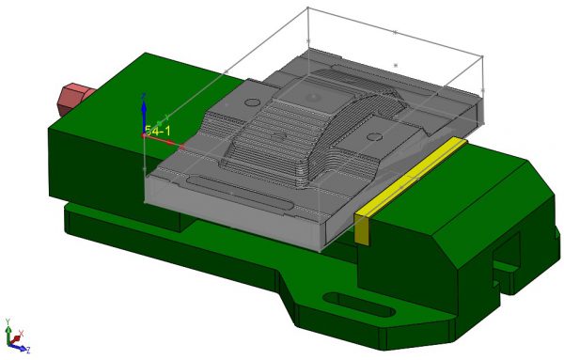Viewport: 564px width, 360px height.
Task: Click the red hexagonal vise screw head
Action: pos(72,96)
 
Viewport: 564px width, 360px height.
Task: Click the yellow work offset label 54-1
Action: pos(158,132)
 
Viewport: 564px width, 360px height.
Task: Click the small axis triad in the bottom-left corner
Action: pos(13,338)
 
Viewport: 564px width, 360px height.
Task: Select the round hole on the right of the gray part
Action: pos(375,137)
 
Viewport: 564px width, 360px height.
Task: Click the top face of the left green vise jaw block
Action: pos(132,75)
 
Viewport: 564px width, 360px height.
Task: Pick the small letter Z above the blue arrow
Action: pos(142,96)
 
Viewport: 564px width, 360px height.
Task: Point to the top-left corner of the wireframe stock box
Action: pos(308,8)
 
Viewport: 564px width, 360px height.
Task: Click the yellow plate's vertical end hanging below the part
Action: pos(362,228)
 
